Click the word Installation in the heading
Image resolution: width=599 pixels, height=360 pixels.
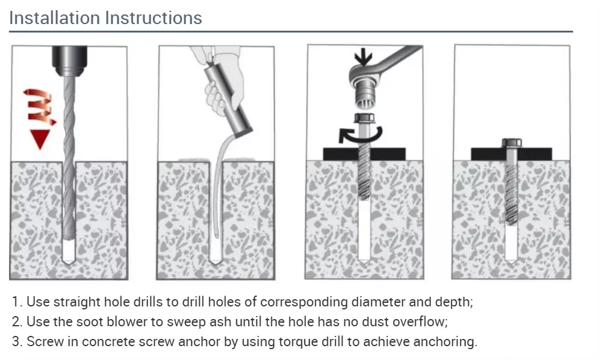tap(55, 18)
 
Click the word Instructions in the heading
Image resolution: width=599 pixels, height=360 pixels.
tap(154, 18)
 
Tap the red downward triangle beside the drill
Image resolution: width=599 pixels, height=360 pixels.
tap(40, 139)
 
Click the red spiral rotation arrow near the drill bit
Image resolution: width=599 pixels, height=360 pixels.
tap(40, 107)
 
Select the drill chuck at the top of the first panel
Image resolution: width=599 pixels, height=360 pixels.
tap(69, 60)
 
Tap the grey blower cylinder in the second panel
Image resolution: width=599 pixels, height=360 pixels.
tap(228, 101)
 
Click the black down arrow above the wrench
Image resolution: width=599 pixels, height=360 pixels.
tap(363, 57)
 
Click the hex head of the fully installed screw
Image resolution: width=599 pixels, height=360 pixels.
tap(512, 143)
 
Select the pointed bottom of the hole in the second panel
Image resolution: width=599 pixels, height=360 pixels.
tap(216, 262)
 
